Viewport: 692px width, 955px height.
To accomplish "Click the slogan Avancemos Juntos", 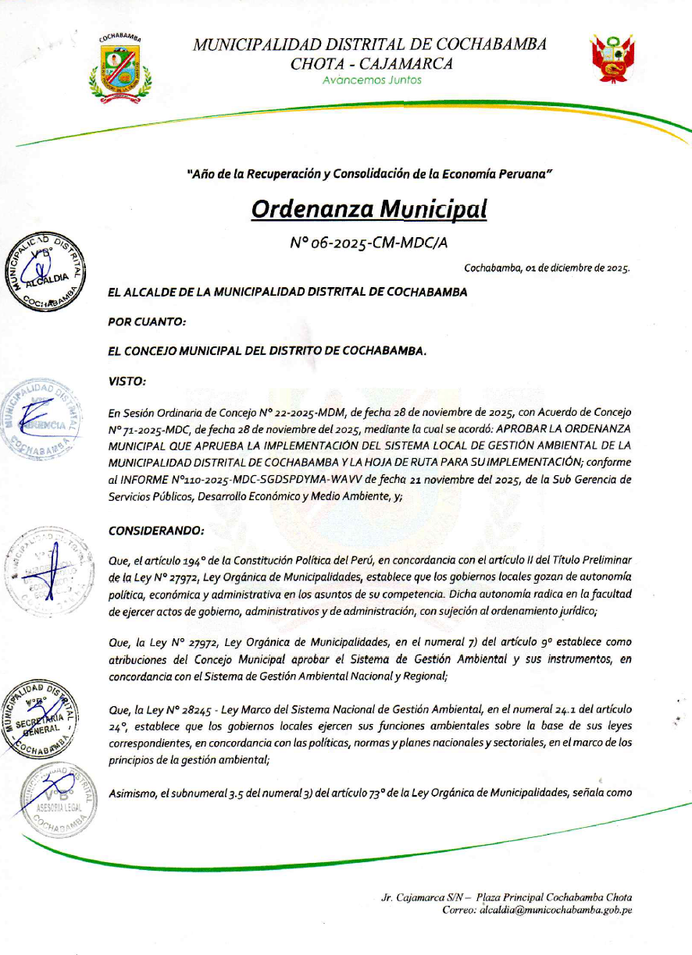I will (x=372, y=80).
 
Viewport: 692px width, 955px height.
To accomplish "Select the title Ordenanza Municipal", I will (x=369, y=208).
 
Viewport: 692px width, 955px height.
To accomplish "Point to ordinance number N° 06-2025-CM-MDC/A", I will (x=369, y=243).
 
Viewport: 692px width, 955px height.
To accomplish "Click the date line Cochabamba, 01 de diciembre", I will (x=547, y=268).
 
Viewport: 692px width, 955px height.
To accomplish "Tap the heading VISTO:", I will (x=127, y=381).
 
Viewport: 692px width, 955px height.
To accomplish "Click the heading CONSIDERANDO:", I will (x=156, y=531).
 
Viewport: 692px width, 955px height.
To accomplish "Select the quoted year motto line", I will (x=369, y=171).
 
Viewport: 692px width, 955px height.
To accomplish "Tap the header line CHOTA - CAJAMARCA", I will (x=371, y=64).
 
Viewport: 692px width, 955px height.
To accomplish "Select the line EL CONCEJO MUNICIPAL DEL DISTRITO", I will (x=268, y=351).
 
